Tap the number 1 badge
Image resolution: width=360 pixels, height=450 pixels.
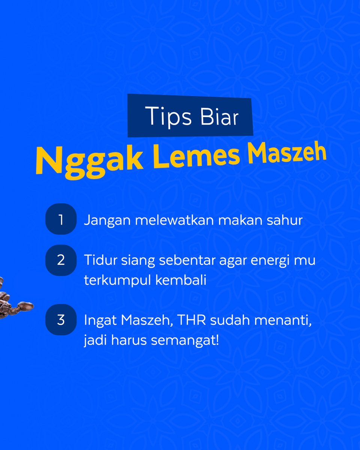61,220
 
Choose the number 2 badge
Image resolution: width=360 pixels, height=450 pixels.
61,260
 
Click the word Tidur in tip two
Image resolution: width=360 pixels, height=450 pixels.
100,260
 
